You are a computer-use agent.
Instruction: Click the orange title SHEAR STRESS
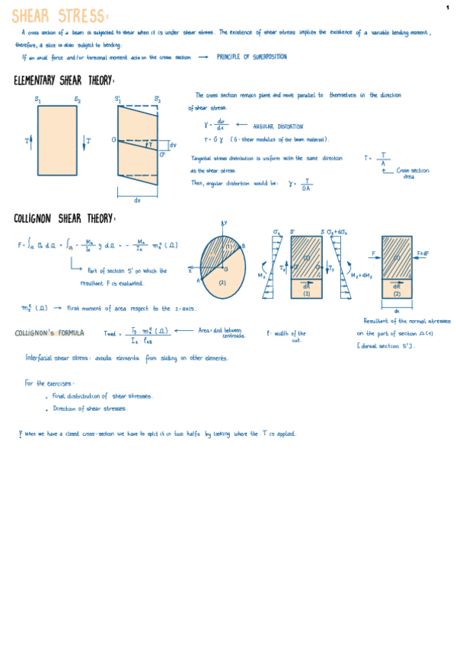tap(61, 15)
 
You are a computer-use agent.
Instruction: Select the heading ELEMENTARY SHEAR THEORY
tap(65, 81)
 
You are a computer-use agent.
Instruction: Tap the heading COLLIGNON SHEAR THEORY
tap(65, 219)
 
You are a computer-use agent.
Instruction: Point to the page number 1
tap(449, 7)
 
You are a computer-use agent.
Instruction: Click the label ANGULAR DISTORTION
tap(278, 126)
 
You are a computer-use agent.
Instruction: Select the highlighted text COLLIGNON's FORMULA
tap(49, 333)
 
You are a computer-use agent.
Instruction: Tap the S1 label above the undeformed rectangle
tap(38, 100)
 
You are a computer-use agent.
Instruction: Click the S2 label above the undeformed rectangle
tap(78, 100)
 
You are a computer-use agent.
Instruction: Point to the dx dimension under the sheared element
tap(138, 201)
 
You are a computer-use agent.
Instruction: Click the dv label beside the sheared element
tap(173, 145)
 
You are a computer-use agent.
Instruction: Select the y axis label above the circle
tap(225, 223)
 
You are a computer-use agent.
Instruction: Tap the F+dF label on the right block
tap(423, 253)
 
